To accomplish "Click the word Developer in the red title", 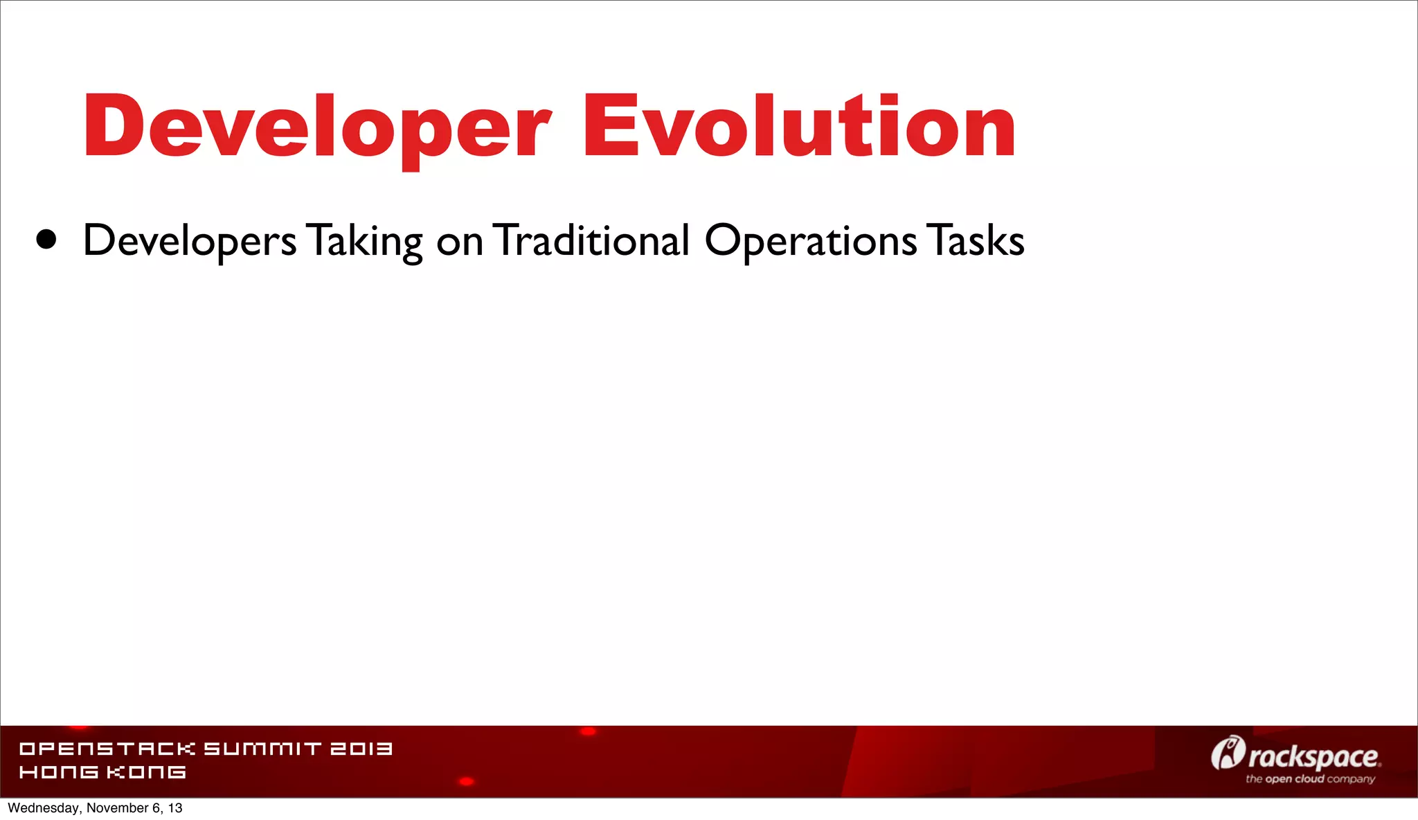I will tap(316, 127).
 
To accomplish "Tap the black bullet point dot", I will tap(46, 240).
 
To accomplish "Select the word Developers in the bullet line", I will tap(190, 241).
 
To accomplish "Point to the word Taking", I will tap(365, 241).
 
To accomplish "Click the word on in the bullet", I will tap(459, 242).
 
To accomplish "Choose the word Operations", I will tap(810, 241).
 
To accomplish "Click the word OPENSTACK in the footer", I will tap(107, 749).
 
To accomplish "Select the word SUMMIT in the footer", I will tap(262, 749).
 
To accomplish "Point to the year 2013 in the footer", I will tap(361, 749).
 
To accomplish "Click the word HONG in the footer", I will tap(59, 772).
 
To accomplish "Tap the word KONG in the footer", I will tap(146, 772).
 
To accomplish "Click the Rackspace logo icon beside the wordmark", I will tap(1228, 754).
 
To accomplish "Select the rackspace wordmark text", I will tap(1313, 756).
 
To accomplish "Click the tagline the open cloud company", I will tap(1310, 779).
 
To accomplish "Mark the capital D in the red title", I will tap(114, 127).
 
